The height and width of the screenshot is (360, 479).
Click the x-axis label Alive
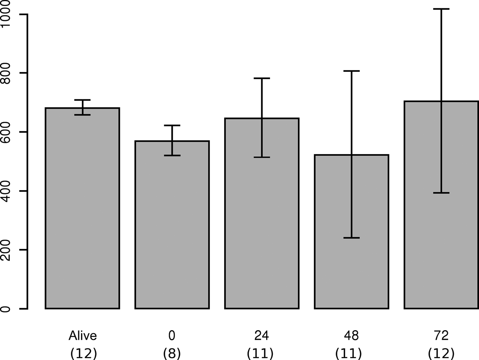(82, 336)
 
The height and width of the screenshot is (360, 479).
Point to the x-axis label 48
(351, 336)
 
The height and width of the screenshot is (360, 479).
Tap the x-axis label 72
(441, 336)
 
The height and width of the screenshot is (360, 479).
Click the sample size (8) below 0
(172, 353)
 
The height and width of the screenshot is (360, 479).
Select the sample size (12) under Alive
(83, 353)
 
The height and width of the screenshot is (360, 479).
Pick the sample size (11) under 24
(260, 353)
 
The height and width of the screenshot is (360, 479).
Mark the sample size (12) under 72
(441, 353)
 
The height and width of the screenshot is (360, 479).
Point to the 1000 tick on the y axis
(6, 14)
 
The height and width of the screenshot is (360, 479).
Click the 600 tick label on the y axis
(6, 132)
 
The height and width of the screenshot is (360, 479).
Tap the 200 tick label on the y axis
(6, 250)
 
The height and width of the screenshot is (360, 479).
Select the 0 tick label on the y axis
(6, 309)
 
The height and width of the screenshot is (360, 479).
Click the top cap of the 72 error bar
(441, 9)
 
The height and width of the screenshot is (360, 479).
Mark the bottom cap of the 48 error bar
(351, 238)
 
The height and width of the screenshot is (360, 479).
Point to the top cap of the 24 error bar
(262, 78)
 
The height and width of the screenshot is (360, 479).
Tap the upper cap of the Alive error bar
(82, 100)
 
